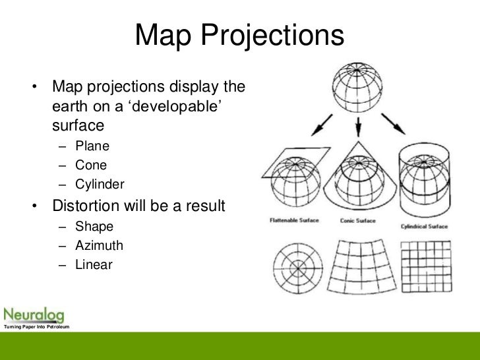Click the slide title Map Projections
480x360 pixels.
240,36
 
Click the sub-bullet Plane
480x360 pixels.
92,146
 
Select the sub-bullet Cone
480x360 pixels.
91,165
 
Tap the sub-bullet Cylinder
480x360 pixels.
100,184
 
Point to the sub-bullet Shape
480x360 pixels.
94,227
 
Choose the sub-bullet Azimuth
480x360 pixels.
99,246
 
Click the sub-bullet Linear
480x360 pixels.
94,265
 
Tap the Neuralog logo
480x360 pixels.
32,313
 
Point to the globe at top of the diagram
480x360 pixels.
357,85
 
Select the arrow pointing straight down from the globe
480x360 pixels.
357,126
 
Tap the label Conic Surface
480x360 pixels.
357,221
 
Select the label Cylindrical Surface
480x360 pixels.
424,226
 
